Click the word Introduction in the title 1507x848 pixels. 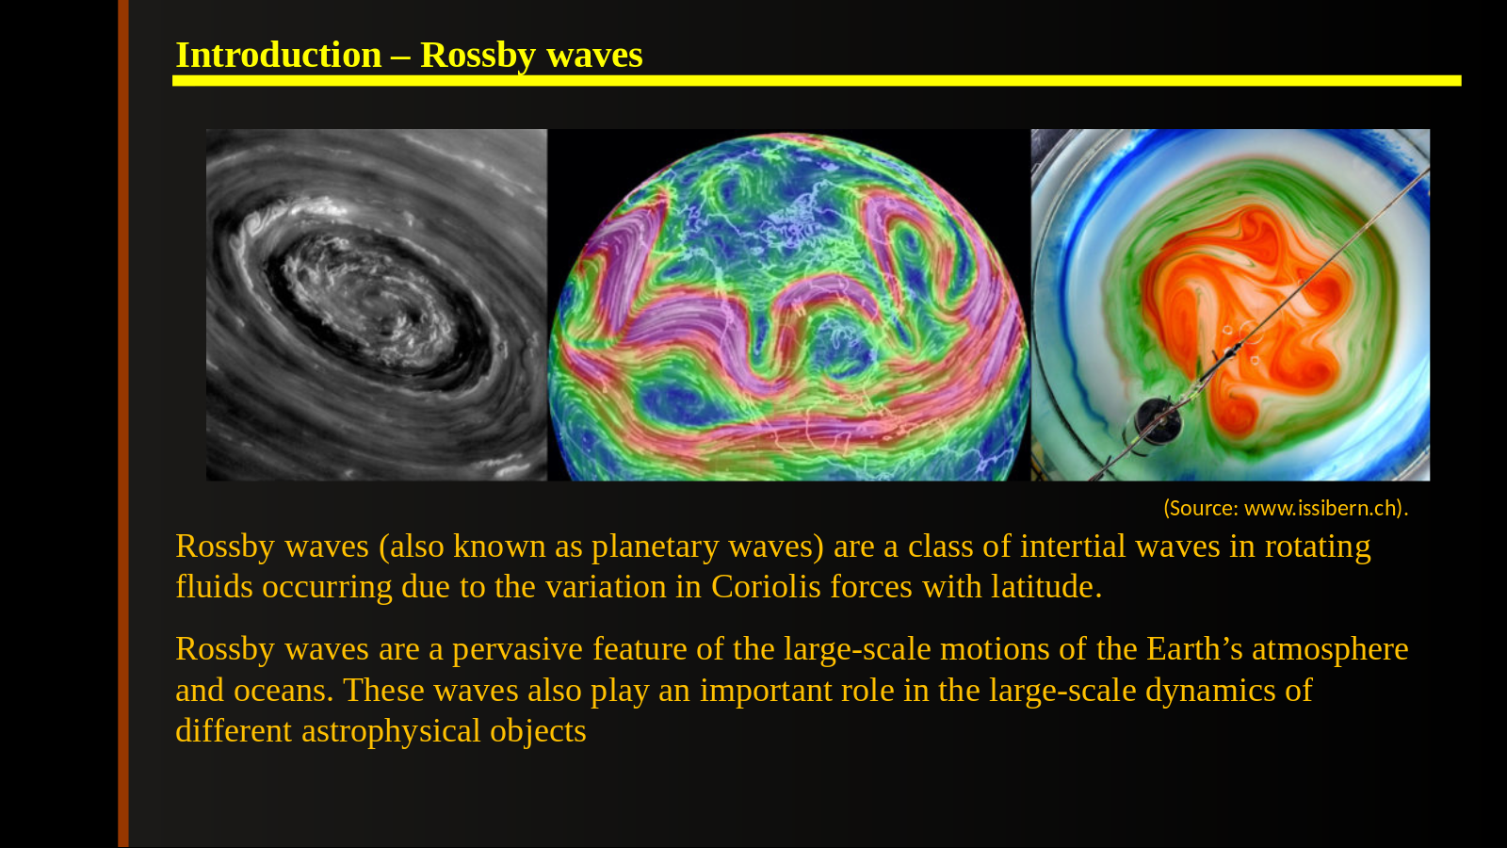click(279, 55)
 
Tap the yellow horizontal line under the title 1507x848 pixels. click(817, 81)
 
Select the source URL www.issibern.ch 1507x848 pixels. click(1321, 508)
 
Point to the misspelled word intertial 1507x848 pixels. click(1073, 546)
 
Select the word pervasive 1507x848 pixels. click(517, 649)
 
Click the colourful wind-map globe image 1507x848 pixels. click(789, 305)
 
